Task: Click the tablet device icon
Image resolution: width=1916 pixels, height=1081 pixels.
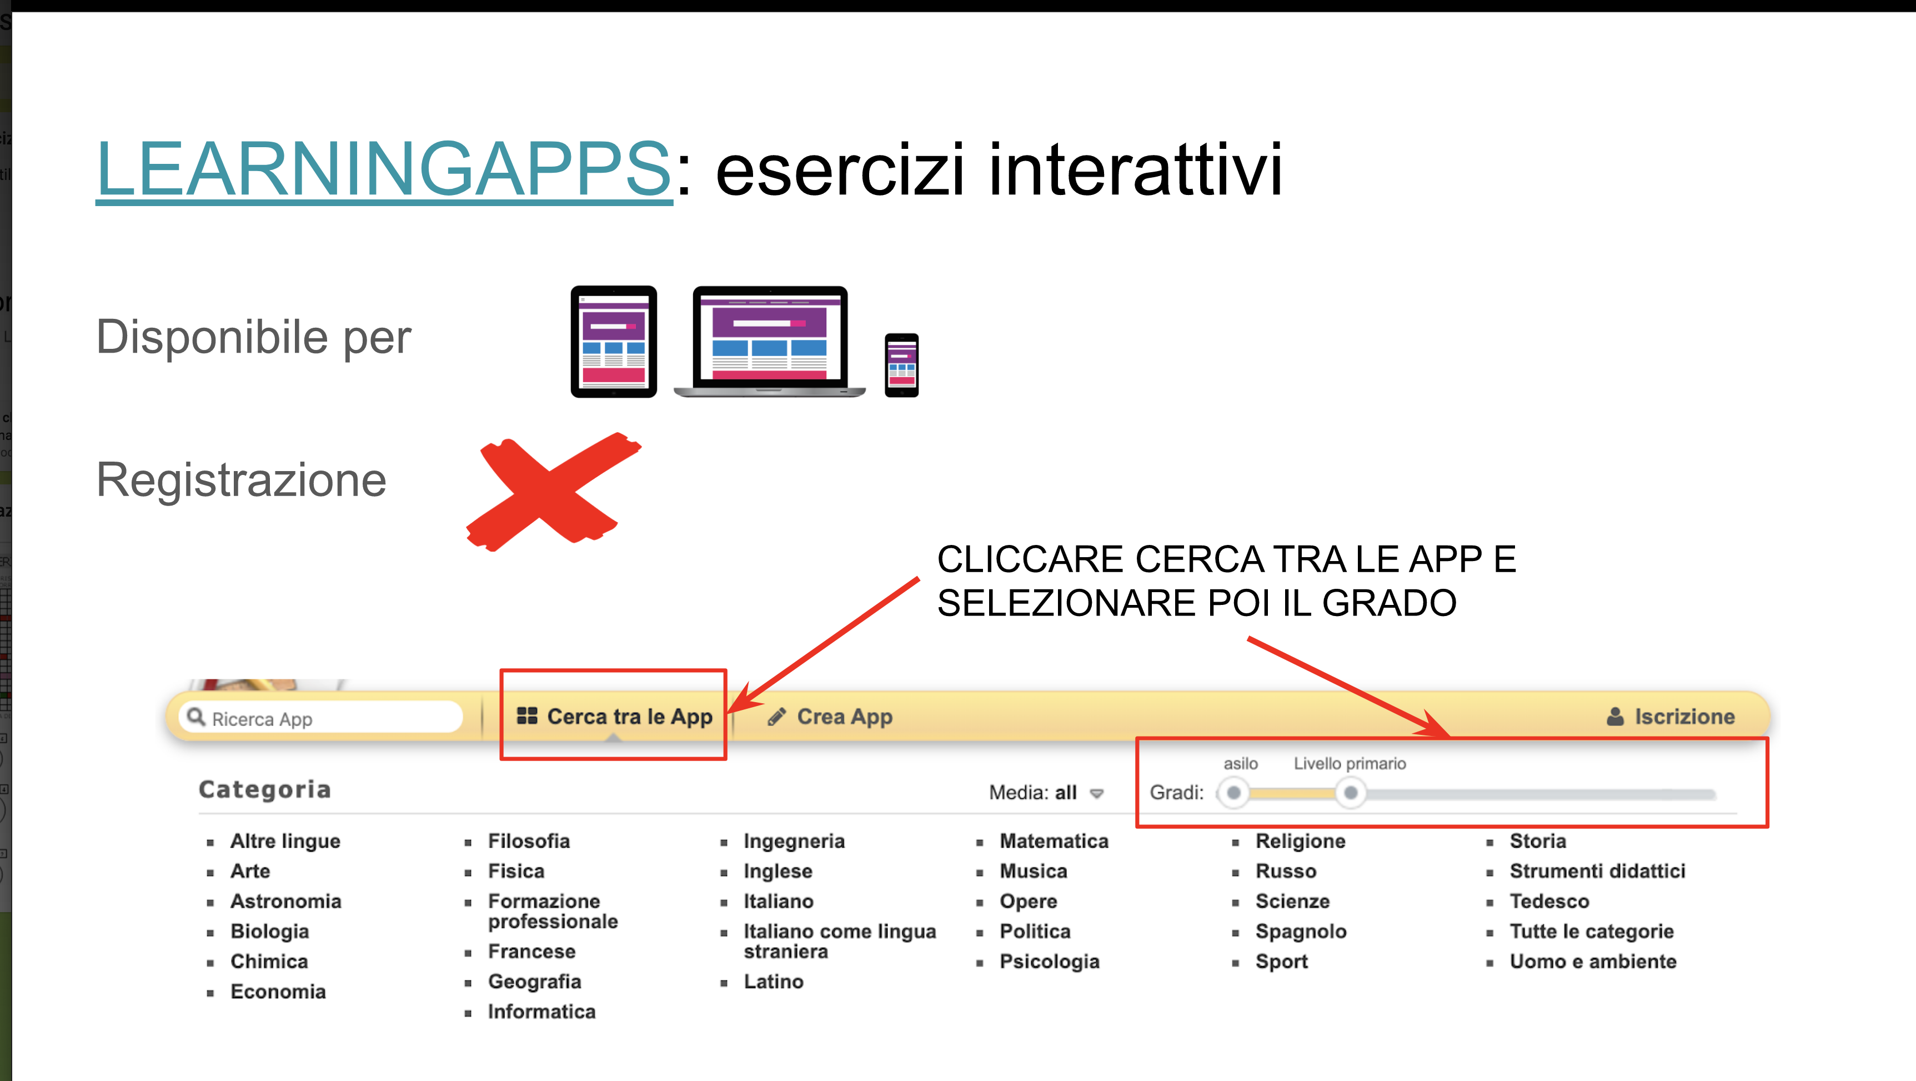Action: click(614, 342)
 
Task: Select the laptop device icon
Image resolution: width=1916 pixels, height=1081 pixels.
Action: click(770, 342)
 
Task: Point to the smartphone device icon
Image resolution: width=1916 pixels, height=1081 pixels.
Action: click(901, 366)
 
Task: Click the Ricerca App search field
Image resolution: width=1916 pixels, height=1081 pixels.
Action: click(322, 718)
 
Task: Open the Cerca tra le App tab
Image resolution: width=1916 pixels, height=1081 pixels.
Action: click(614, 717)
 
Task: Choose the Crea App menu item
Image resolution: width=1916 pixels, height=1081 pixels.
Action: click(830, 717)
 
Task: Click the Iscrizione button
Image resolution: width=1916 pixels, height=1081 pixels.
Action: click(1671, 717)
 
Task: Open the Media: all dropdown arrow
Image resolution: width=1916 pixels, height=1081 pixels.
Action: click(1096, 794)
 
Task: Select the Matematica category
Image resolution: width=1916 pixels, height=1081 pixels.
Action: click(1054, 840)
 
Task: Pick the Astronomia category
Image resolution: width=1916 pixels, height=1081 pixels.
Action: click(285, 901)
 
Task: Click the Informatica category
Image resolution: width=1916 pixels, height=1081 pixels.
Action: click(541, 1012)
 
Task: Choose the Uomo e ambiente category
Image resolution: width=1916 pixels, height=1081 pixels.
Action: click(1593, 961)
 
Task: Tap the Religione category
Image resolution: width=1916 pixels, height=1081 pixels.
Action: click(1300, 840)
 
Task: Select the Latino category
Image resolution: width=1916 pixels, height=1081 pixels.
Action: click(774, 982)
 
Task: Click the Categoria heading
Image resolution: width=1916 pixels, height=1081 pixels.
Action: click(265, 789)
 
